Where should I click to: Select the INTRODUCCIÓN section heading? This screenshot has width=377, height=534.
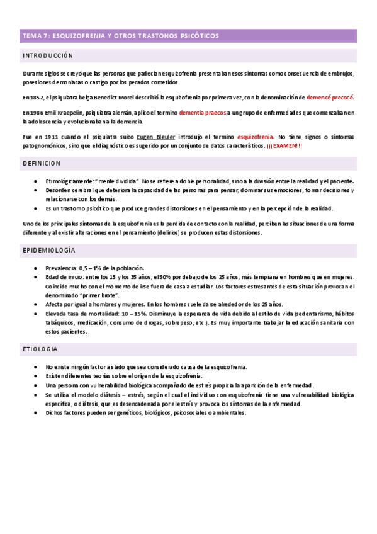click(x=48, y=56)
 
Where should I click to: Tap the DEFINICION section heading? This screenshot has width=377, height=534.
click(x=42, y=163)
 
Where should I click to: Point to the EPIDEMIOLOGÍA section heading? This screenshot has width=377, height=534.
click(x=49, y=251)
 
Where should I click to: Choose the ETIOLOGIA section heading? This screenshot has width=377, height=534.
click(x=40, y=349)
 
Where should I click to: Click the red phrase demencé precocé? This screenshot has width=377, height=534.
click(x=330, y=98)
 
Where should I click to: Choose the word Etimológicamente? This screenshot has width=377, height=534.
click(x=69, y=181)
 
